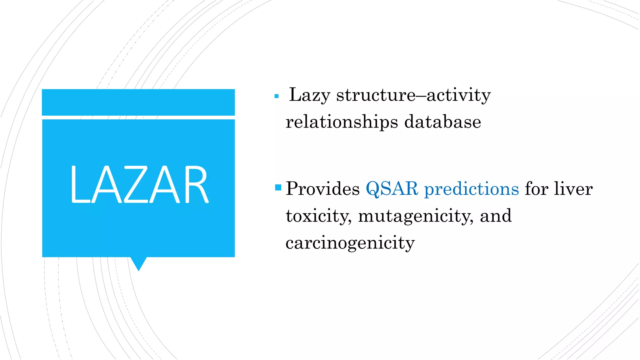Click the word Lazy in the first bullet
(309, 95)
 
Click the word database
(442, 122)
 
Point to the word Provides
(322, 189)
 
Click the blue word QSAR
(392, 189)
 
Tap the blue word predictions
(471, 189)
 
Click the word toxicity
(318, 216)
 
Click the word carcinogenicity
(350, 243)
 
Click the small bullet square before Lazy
(276, 96)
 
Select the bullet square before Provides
(278, 187)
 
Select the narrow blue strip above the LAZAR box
(138, 102)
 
